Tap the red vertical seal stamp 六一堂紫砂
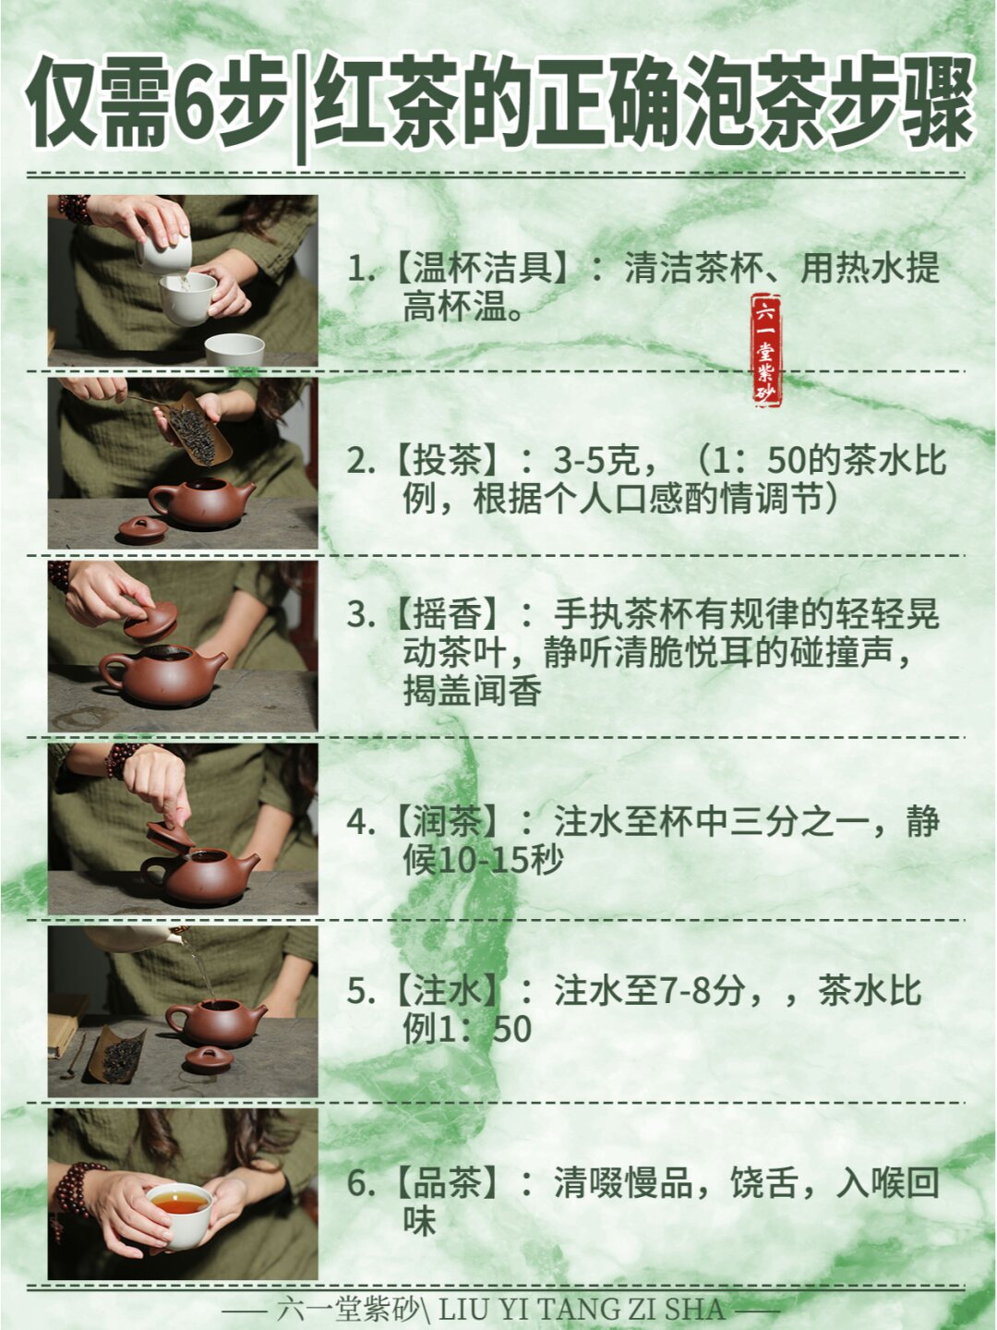766,350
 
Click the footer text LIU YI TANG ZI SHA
582,1309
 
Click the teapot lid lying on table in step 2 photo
143,529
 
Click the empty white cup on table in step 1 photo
234,349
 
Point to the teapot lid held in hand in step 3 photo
151,623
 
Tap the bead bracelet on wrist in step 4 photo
120,760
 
